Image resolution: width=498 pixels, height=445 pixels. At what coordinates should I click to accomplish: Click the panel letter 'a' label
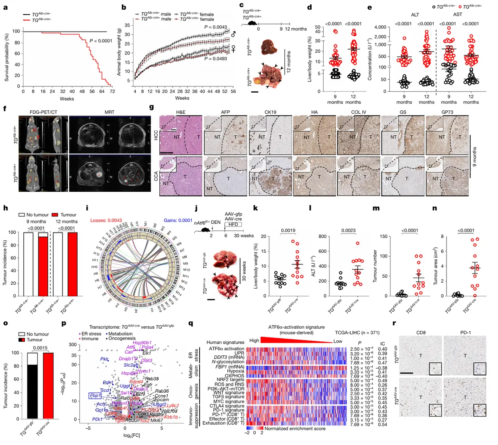point(5,7)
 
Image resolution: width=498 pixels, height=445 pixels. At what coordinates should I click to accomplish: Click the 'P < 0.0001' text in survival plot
point(101,41)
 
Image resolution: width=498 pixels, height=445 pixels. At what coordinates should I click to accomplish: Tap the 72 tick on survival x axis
point(112,91)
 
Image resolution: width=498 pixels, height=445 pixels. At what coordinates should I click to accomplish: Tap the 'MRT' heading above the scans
point(109,112)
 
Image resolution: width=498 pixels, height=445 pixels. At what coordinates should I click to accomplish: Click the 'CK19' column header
point(271,112)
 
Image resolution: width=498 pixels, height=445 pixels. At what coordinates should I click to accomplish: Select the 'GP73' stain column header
point(447,112)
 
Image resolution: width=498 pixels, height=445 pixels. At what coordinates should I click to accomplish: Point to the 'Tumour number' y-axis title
point(376,266)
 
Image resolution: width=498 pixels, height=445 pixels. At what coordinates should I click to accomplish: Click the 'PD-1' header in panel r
point(465,332)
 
